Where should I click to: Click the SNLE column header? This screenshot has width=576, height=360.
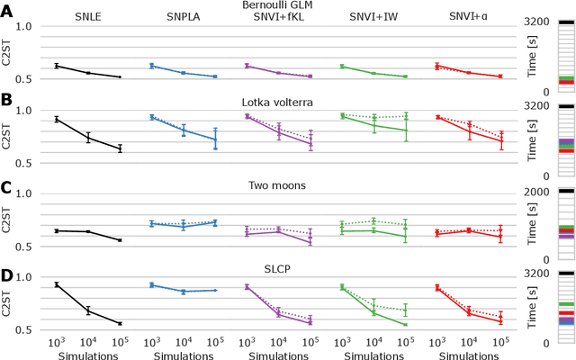76,18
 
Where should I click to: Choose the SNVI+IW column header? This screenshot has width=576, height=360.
373,18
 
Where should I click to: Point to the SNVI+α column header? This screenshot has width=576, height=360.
468,18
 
